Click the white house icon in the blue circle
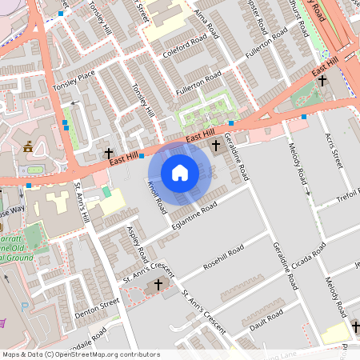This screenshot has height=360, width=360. point(180,172)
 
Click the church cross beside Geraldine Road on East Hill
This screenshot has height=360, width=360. point(216,146)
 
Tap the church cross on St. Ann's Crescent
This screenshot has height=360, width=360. point(158,284)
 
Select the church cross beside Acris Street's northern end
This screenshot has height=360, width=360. point(322,81)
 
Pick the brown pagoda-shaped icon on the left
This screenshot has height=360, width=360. point(28,146)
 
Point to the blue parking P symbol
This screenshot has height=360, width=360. point(25,306)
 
